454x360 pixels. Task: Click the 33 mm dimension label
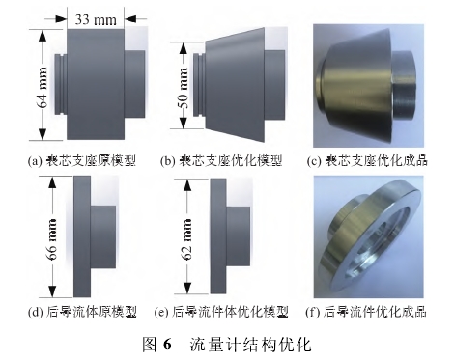click(96, 19)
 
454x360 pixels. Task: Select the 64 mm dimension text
click(43, 87)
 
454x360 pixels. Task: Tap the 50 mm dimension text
click(184, 88)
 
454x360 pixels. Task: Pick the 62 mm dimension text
click(186, 239)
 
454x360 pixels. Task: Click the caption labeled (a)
click(82, 160)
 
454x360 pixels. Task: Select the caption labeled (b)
click(221, 160)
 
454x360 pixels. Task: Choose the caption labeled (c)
click(367, 160)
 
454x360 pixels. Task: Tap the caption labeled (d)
click(82, 312)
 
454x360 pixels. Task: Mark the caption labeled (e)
click(221, 312)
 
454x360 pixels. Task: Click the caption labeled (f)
click(366, 312)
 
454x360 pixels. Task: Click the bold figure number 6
click(167, 345)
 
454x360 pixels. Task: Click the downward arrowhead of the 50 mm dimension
click(184, 123)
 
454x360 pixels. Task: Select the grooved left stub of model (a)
click(61, 85)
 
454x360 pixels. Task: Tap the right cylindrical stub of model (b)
click(274, 85)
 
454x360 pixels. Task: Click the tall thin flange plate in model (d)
click(82, 236)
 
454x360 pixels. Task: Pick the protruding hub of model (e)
click(238, 236)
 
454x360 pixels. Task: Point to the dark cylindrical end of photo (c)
click(404, 86)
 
